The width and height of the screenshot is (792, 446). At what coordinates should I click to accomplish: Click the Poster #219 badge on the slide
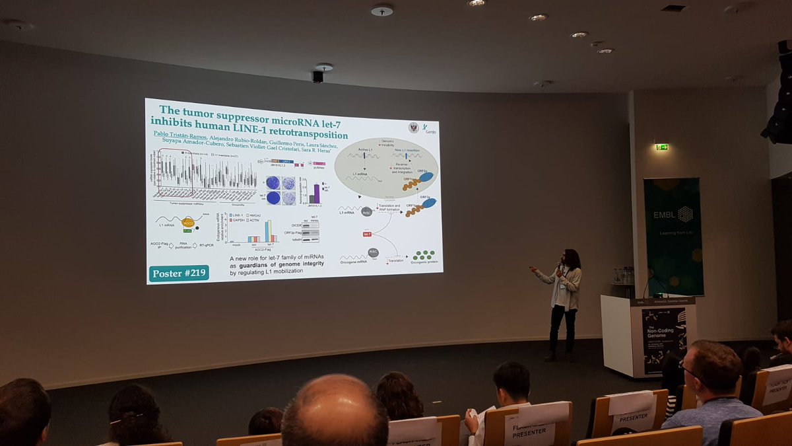(x=179, y=273)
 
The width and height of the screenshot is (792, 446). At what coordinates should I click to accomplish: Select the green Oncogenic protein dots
(x=423, y=254)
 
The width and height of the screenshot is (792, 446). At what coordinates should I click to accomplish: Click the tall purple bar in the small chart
(x=316, y=194)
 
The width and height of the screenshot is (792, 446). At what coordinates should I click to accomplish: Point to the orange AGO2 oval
(x=187, y=222)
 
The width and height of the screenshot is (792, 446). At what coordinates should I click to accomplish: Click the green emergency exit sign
(x=661, y=147)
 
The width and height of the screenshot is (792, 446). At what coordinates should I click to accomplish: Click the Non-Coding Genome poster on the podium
(x=663, y=340)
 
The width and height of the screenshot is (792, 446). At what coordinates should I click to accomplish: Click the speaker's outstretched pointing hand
(x=533, y=269)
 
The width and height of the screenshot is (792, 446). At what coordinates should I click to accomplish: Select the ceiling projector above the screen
(x=317, y=76)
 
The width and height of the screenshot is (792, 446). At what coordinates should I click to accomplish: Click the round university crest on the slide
(x=413, y=128)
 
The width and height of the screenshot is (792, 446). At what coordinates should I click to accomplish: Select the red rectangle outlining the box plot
(x=175, y=172)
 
